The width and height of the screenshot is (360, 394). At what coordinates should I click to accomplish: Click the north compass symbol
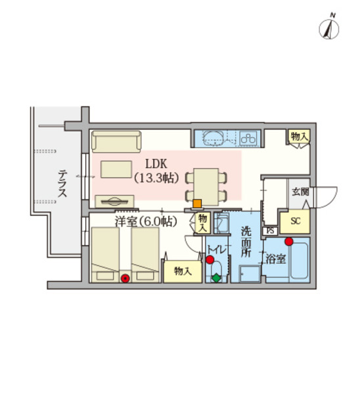tap(328, 28)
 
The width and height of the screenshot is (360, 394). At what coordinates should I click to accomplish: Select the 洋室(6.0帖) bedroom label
tap(146, 221)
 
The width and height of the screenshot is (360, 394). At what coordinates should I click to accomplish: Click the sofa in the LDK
tap(116, 141)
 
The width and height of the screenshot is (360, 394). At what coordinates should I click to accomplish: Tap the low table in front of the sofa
tap(116, 169)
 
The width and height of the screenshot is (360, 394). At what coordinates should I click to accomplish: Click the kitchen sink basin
tap(214, 138)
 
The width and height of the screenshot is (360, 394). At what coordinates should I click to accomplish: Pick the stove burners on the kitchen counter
tap(249, 138)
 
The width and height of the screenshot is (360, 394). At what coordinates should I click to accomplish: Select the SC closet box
tap(295, 221)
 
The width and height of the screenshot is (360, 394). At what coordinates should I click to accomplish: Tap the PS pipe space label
tap(270, 230)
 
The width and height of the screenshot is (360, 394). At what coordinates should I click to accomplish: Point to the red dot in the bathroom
tap(288, 240)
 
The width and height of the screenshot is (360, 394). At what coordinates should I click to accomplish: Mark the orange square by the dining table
tap(196, 203)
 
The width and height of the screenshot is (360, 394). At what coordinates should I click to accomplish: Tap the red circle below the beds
tap(125, 278)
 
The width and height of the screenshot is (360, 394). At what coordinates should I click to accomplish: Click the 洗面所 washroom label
tap(246, 242)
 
